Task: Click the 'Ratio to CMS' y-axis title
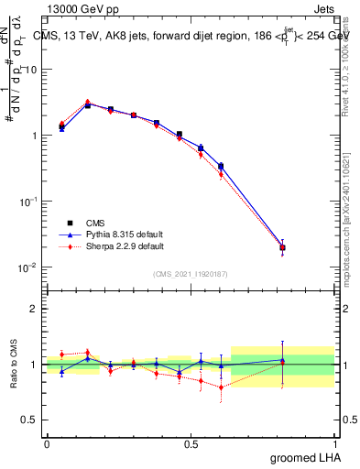click(x=13, y=365)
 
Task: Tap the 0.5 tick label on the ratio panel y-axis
click(x=32, y=420)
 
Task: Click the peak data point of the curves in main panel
click(x=88, y=104)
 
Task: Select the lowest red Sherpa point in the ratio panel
click(x=222, y=387)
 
